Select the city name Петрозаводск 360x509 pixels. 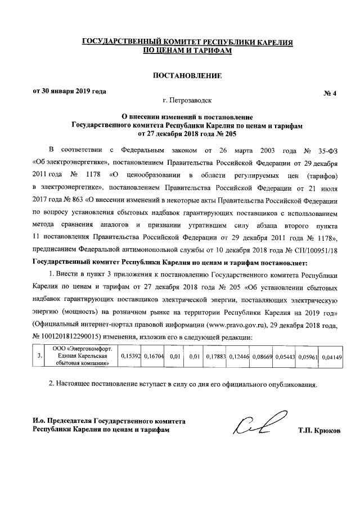coord(192,102)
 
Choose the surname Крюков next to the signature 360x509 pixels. coord(325,430)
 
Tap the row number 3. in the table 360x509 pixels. coord(38,356)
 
